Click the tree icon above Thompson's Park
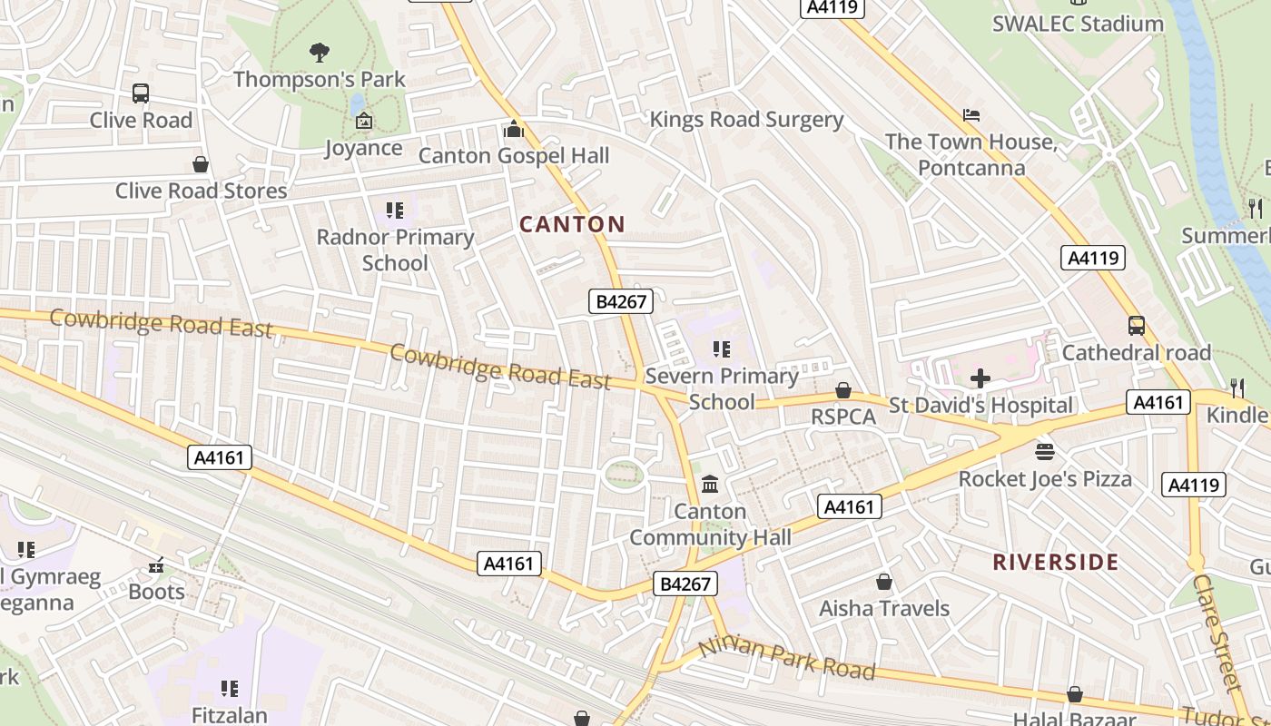tap(319, 53)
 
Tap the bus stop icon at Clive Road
tap(141, 93)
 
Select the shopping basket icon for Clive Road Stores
tap(201, 164)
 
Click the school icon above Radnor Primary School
tap(395, 211)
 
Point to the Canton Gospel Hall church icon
tap(514, 130)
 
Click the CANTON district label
tap(572, 224)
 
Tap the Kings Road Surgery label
tap(746, 120)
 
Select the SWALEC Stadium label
tap(1078, 24)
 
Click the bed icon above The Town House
tap(971, 115)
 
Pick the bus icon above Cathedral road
tap(1136, 326)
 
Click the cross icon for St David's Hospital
tap(980, 378)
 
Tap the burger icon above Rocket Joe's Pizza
tap(1045, 451)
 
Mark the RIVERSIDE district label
tap(1055, 562)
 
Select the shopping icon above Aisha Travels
tap(884, 582)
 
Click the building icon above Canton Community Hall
tap(710, 485)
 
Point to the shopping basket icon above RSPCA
tap(843, 390)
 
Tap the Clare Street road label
tap(1217, 632)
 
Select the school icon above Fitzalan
tap(230, 689)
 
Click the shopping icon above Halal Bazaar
tap(1075, 695)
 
